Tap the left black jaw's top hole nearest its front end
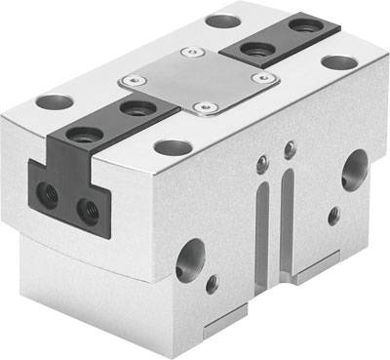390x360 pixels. pos(86,136)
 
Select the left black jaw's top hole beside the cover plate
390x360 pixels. pos(136,106)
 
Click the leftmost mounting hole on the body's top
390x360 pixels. pos(55,100)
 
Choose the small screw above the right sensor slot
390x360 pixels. pos(290,148)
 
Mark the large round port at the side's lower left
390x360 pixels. pos(190,259)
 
